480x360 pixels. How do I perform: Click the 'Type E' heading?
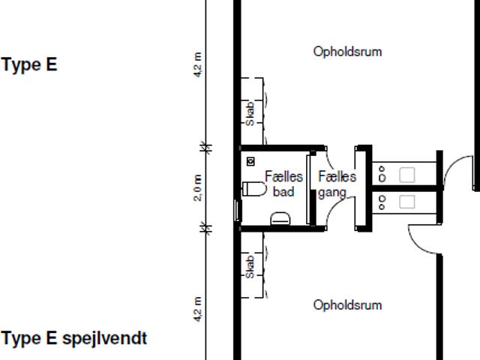point(29,64)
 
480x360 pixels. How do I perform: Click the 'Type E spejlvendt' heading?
point(74,338)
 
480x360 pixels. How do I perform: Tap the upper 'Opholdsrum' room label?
point(347,52)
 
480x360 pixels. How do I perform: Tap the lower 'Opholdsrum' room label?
point(347,305)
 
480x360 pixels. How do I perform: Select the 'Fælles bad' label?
point(283,184)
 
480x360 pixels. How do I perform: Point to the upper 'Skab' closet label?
point(250,112)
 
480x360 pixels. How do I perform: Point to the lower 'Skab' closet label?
point(250,266)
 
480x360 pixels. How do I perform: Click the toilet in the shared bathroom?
point(253,188)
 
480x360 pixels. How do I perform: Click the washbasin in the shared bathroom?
point(280,218)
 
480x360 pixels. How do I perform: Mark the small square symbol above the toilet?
point(250,161)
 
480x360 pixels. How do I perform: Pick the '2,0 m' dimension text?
point(198,187)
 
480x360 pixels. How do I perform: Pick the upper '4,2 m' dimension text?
point(198,65)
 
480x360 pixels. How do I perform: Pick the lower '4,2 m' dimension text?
point(198,310)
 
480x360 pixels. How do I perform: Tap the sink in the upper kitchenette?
point(406,175)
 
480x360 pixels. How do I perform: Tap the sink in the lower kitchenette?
point(406,201)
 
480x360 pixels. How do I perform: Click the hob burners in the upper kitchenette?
point(382,175)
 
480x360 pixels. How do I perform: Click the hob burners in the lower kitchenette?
point(382,202)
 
